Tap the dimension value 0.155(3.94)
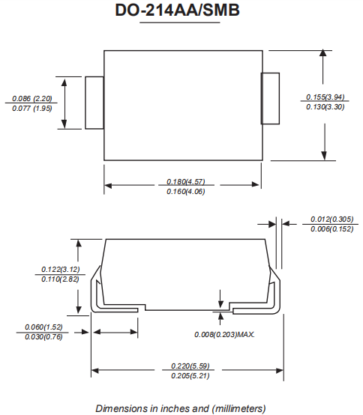(x=325, y=97)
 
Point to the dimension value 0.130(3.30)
(x=325, y=108)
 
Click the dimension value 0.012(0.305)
(x=331, y=219)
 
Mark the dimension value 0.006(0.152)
(x=331, y=229)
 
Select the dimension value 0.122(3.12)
(x=61, y=269)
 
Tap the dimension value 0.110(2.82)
(x=61, y=279)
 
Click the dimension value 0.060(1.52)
(x=44, y=327)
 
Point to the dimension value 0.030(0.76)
(x=44, y=337)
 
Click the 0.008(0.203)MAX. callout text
(x=225, y=334)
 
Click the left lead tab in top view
(x=94, y=103)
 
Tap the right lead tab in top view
(x=270, y=98)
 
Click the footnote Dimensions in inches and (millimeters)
(x=181, y=408)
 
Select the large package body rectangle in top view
(x=182, y=105)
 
